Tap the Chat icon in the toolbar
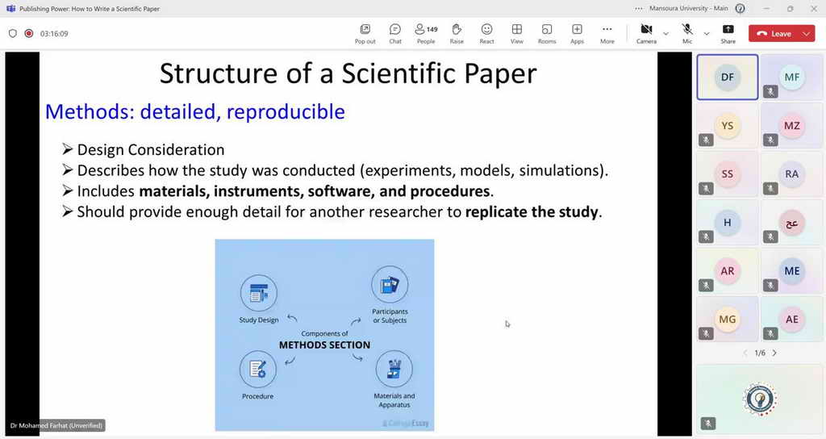[395, 29]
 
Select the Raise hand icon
[457, 29]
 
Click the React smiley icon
[486, 29]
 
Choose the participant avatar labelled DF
[728, 77]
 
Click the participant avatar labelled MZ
[792, 125]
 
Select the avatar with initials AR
[728, 271]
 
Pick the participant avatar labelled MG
[728, 320]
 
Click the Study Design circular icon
[259, 293]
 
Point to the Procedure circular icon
[257, 370]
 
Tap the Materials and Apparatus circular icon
[394, 369]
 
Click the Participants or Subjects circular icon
[390, 285]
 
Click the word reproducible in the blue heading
[286, 111]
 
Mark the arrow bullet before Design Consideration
[67, 149]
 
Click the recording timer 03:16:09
[54, 34]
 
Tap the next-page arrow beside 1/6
[774, 353]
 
